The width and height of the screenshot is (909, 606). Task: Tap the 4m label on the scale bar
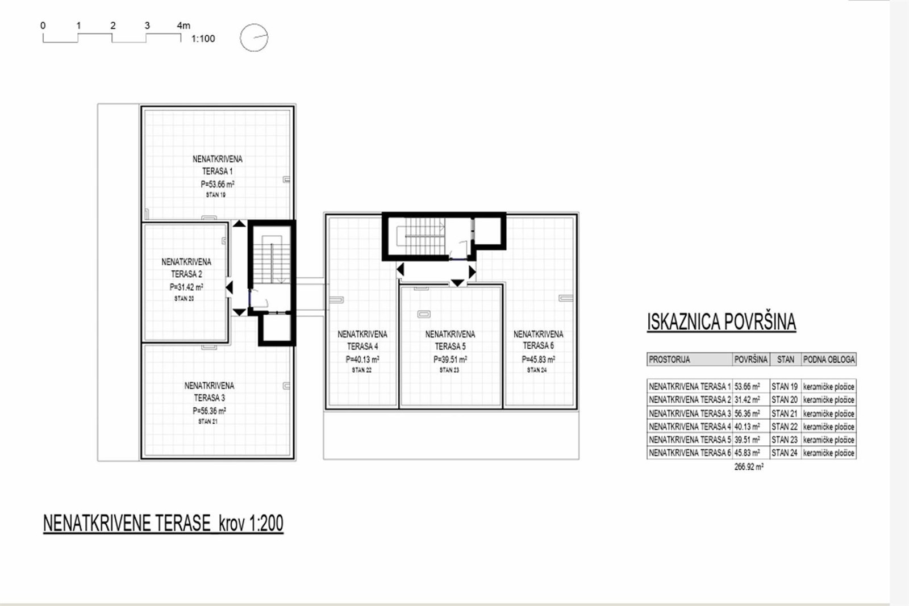pyautogui.click(x=184, y=26)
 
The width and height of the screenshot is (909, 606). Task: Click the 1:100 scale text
pyautogui.click(x=203, y=39)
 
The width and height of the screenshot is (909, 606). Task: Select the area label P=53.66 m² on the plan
pyautogui.click(x=218, y=184)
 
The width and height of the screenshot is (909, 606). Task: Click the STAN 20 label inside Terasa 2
pyautogui.click(x=184, y=299)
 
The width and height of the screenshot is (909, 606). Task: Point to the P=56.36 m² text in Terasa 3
pyautogui.click(x=210, y=411)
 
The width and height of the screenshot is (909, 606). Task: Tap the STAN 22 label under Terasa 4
pyautogui.click(x=361, y=370)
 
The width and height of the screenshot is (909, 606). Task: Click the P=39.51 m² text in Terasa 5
pyautogui.click(x=450, y=360)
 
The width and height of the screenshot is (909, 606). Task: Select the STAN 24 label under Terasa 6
pyautogui.click(x=537, y=370)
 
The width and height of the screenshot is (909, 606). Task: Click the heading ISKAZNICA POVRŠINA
pyautogui.click(x=722, y=322)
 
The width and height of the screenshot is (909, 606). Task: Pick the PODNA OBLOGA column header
pyautogui.click(x=829, y=360)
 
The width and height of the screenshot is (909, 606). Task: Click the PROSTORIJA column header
pyautogui.click(x=669, y=360)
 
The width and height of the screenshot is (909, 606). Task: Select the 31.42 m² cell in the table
pyautogui.click(x=747, y=400)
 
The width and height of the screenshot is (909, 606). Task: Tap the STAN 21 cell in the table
pyautogui.click(x=785, y=413)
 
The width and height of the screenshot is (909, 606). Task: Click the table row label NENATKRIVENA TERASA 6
pyautogui.click(x=690, y=453)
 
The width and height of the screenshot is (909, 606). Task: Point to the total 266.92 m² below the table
pyautogui.click(x=749, y=467)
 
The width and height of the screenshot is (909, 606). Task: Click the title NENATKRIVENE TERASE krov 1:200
pyautogui.click(x=163, y=523)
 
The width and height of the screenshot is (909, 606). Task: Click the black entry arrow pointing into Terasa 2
pyautogui.click(x=230, y=287)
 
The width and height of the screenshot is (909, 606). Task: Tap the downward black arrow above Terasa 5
pyautogui.click(x=457, y=283)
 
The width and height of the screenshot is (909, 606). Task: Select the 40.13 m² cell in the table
pyautogui.click(x=747, y=427)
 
